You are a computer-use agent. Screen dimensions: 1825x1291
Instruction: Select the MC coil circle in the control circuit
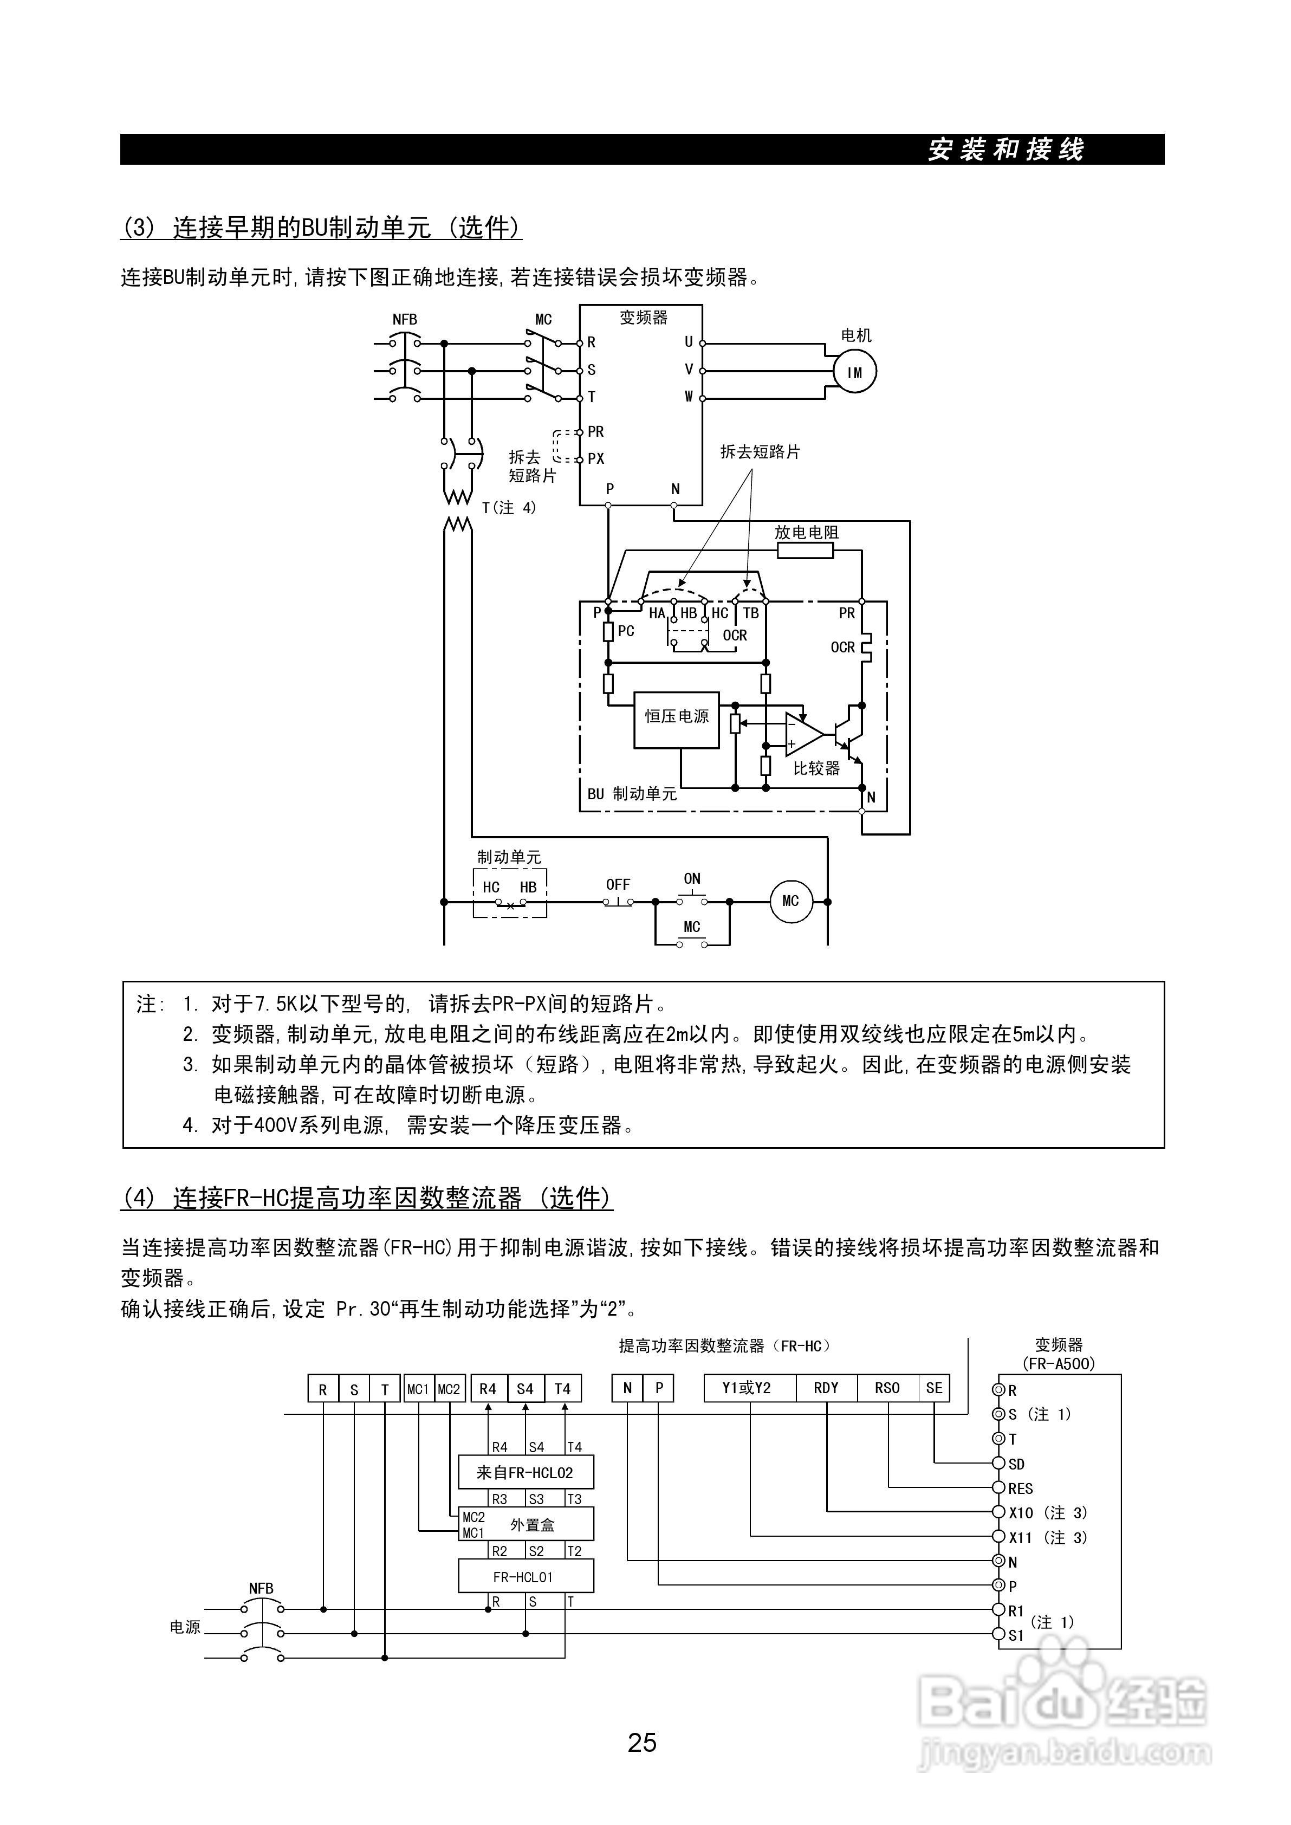[790, 901]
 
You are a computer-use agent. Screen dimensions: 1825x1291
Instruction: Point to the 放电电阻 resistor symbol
[805, 551]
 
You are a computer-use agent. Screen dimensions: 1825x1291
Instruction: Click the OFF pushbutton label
[618, 884]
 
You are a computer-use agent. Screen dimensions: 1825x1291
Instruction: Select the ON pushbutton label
[692, 879]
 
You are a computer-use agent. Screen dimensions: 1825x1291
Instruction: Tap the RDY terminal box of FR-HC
[826, 1388]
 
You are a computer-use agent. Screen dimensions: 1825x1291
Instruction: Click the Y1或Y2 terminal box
[747, 1388]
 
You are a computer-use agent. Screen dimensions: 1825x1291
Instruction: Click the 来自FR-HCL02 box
[526, 1472]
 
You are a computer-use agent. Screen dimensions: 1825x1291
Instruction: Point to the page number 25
[641, 1743]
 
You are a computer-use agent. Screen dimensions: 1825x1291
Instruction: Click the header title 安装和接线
[1005, 150]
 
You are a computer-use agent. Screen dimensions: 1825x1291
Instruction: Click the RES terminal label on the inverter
[1020, 1489]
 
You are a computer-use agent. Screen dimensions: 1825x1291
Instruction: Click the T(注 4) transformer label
[509, 507]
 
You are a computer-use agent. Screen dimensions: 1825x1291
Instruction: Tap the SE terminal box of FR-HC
[934, 1388]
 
